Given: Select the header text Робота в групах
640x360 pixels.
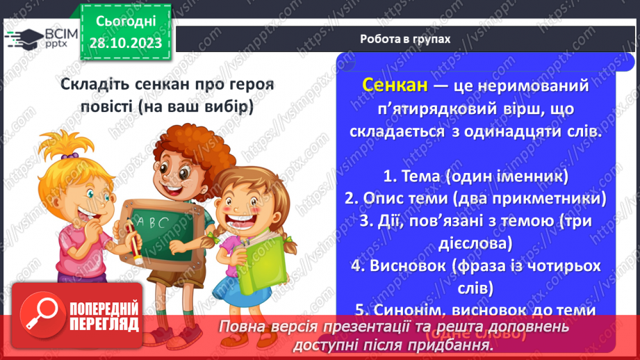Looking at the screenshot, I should (405, 39).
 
